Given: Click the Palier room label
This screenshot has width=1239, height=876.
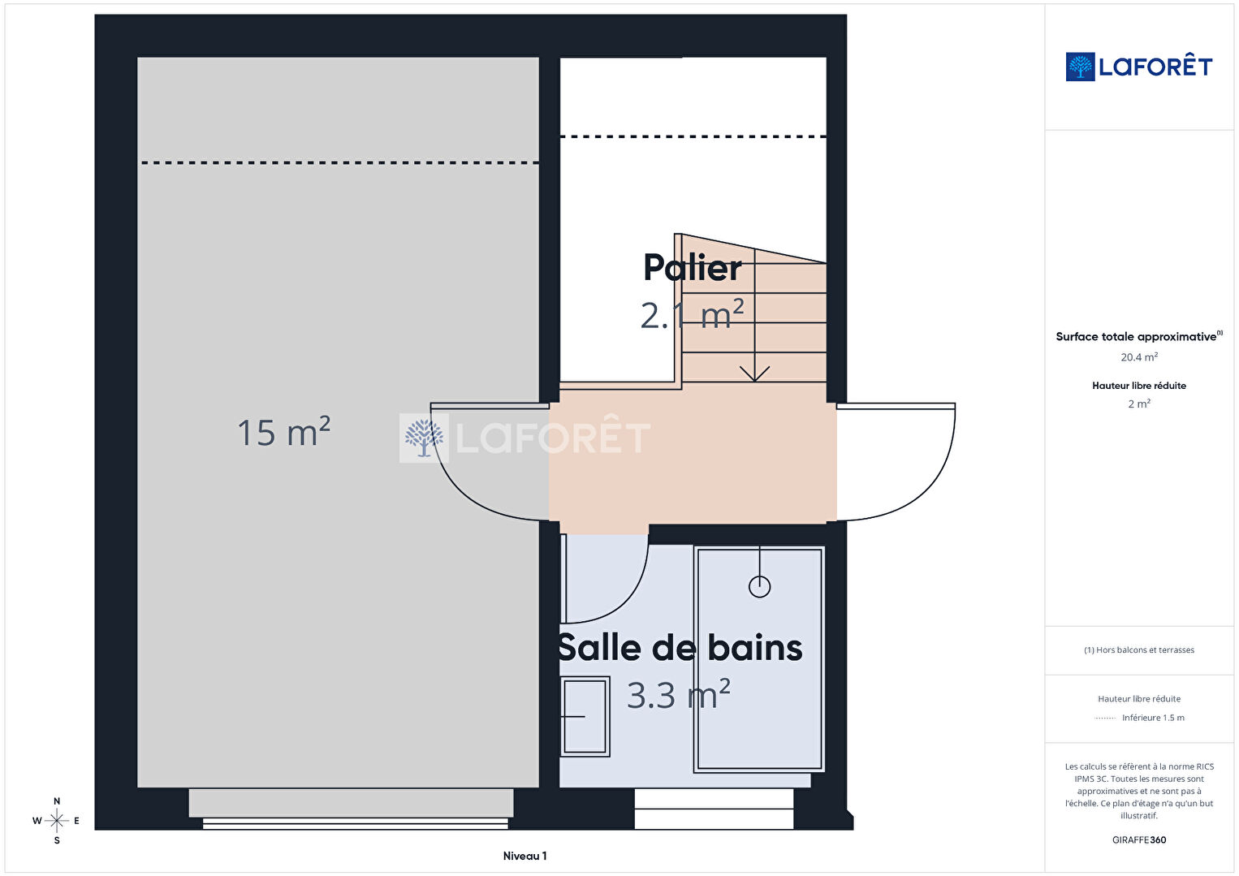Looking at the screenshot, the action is (x=692, y=268).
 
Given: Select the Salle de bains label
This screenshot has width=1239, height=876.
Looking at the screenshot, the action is (x=680, y=648).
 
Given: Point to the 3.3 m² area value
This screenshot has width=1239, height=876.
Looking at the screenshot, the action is (x=679, y=694).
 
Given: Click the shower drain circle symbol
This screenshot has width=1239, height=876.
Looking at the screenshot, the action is (x=759, y=586).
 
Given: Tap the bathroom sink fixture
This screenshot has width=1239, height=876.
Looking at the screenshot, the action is (x=585, y=716).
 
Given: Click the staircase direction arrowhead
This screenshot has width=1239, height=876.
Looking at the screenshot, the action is (x=754, y=373).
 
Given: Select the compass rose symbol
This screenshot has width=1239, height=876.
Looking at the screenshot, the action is (x=56, y=821).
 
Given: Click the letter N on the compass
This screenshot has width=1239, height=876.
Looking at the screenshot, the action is (x=56, y=800).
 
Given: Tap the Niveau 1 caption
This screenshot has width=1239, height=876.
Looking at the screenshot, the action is (x=525, y=856).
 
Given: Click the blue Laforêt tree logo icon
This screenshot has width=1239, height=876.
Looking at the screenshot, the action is (x=1080, y=67).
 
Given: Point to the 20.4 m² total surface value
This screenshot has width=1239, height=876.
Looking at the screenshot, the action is (x=1139, y=357).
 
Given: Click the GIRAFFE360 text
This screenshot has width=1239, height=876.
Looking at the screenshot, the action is (x=1139, y=839).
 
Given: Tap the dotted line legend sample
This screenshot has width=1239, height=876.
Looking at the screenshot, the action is (x=1105, y=718).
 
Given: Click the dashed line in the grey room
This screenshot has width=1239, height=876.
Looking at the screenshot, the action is (x=339, y=162).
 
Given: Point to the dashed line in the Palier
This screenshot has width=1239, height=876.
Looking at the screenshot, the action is (x=693, y=136).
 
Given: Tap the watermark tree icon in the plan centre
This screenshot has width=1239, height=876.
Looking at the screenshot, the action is (x=424, y=438).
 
